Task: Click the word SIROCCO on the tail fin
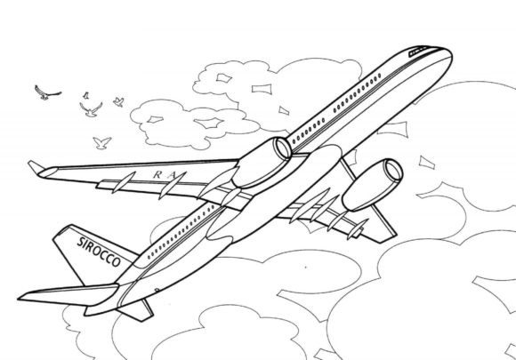tap(99, 252)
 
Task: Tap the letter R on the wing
tap(157, 175)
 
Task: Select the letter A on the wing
tap(171, 175)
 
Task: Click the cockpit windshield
tap(418, 52)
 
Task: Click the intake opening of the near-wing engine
tap(283, 148)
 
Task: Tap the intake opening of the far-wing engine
tap(394, 171)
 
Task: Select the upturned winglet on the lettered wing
tap(36, 167)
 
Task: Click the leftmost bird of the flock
tap(47, 92)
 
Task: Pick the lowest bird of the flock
tap(101, 143)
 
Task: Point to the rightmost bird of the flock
tap(118, 101)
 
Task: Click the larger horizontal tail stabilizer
tap(69, 294)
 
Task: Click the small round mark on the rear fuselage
tap(157, 290)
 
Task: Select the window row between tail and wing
tap(182, 231)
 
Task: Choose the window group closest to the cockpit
tap(357, 93)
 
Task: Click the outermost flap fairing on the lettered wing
tap(123, 182)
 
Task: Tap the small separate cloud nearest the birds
tap(194, 124)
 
